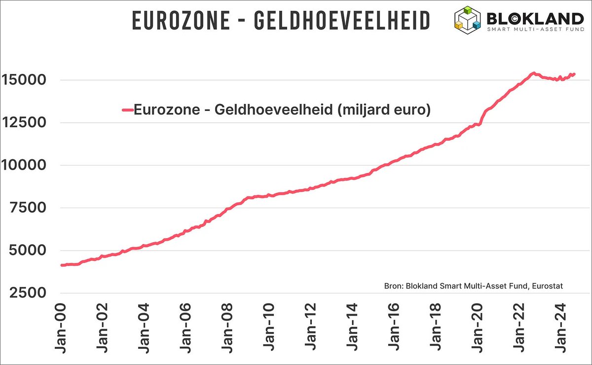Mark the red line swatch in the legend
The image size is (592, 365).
[x=127, y=110]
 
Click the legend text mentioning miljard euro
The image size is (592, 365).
[x=283, y=110]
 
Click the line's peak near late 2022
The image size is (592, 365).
[x=533, y=73]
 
